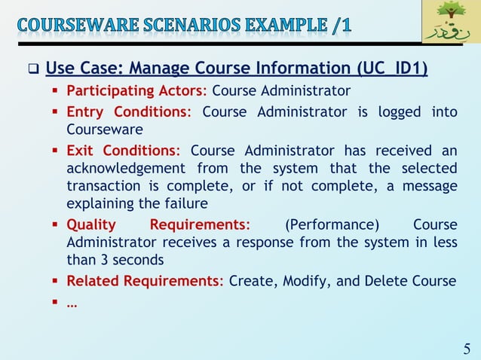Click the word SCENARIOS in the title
click(179, 25)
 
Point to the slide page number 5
click(467, 348)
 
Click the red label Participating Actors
click(136, 91)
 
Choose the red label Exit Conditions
click(123, 149)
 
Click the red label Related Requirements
click(145, 281)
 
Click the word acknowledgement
click(126, 168)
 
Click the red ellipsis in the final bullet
click(72, 303)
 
